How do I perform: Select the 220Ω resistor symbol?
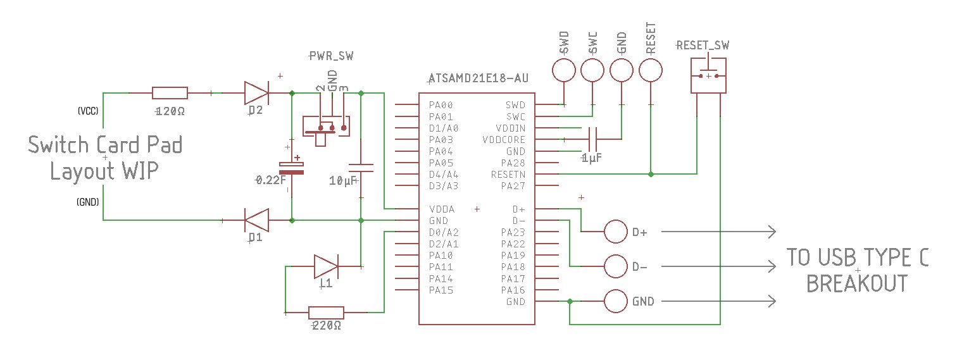[326, 313]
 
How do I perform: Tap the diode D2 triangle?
[256, 93]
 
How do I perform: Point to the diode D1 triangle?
[256, 220]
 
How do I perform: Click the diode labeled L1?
[326, 266]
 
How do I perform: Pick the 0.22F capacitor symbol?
[291, 168]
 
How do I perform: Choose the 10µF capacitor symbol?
[361, 168]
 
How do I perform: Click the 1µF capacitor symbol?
[592, 139]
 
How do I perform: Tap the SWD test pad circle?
[564, 70]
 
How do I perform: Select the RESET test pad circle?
[651, 70]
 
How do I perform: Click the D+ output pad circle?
[616, 232]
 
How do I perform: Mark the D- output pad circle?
[616, 266]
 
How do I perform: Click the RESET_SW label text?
[703, 46]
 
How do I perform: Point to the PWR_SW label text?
[331, 56]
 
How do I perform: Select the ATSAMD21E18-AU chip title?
[478, 78]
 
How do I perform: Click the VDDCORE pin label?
[504, 140]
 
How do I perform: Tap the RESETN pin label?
[508, 174]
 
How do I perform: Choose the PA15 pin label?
[441, 290]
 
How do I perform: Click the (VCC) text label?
[88, 111]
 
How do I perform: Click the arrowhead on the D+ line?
[772, 232]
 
